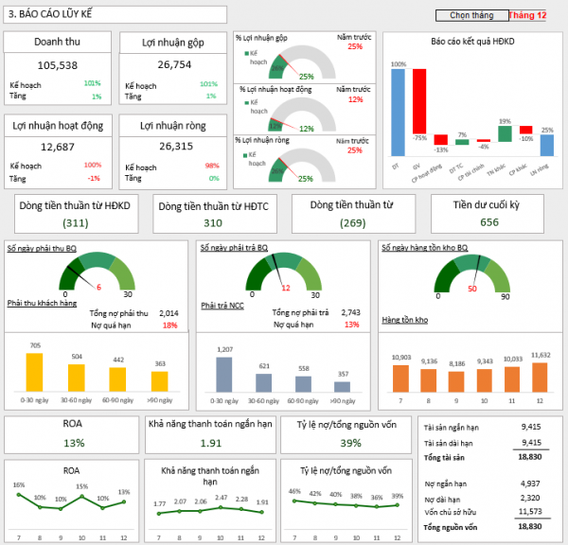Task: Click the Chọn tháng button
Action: click(x=471, y=15)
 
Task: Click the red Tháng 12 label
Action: click(x=527, y=15)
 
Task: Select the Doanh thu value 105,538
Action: click(x=57, y=65)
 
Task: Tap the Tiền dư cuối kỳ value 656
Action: click(x=488, y=222)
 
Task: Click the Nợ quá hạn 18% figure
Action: click(x=169, y=325)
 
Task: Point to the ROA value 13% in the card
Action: click(x=74, y=443)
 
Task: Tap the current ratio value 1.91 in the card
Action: click(x=211, y=443)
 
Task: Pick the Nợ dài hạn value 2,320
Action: click(x=530, y=497)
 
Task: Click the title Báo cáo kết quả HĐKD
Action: click(x=472, y=43)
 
